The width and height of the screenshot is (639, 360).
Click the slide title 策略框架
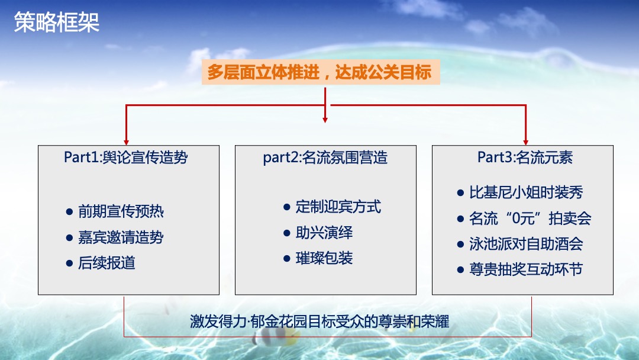click(x=57, y=22)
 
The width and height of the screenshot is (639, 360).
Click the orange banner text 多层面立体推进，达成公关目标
click(x=319, y=73)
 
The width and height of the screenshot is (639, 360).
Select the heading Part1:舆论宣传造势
click(x=126, y=157)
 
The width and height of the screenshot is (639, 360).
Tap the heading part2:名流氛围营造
click(x=325, y=157)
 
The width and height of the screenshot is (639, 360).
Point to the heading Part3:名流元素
click(x=525, y=157)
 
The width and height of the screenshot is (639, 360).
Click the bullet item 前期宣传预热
click(x=121, y=211)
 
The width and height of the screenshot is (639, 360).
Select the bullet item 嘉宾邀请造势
click(x=121, y=237)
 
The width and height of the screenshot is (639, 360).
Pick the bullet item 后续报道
click(x=106, y=263)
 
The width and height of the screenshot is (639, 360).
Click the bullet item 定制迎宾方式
click(x=338, y=207)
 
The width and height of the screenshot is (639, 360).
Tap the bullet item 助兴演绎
click(x=324, y=233)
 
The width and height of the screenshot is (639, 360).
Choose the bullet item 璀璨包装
click(x=324, y=258)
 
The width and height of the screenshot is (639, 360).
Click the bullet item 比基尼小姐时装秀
click(x=526, y=192)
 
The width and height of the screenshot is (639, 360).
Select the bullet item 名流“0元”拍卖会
click(x=530, y=218)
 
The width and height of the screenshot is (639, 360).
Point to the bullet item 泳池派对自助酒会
click(x=526, y=244)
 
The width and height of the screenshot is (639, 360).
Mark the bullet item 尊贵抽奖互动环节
click(x=526, y=269)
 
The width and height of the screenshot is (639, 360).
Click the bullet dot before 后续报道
click(x=69, y=263)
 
